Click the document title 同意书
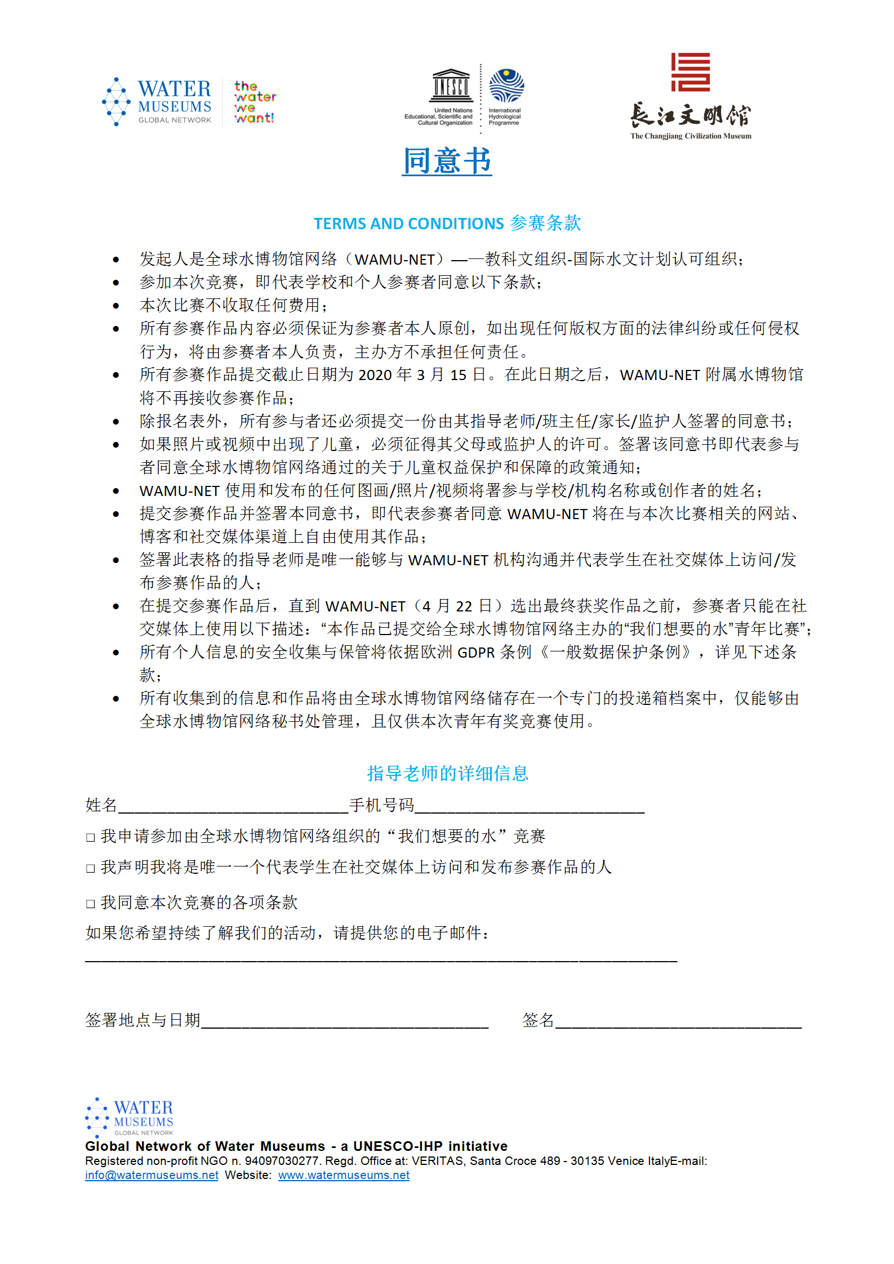pos(447,161)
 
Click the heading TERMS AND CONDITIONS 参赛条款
pos(447,224)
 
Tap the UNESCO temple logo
pos(451,86)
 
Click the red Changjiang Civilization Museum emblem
pos(690,72)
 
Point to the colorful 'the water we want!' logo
pos(255,102)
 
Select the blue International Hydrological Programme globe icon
pos(506,86)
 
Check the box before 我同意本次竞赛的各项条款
pos(90,904)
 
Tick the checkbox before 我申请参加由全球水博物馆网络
pos(90,837)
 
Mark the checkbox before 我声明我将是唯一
pos(90,868)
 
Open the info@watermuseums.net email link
pos(152,1176)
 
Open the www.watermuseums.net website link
pos(344,1176)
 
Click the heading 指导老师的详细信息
pos(447,774)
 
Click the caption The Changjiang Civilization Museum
pos(691,136)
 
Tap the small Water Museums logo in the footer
pos(130,1117)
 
